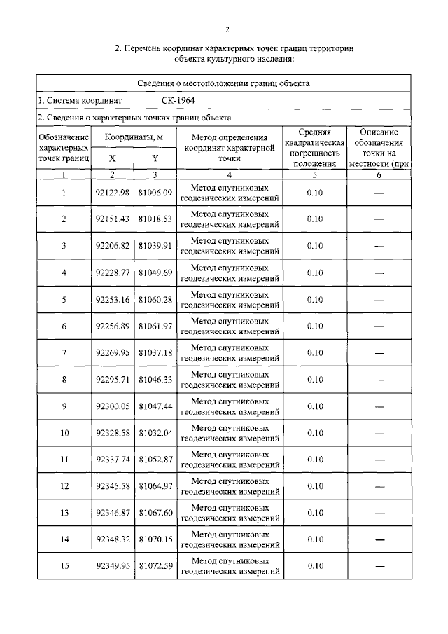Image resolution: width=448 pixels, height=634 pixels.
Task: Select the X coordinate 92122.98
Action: tap(112, 193)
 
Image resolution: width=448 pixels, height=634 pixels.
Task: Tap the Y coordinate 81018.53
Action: tap(155, 219)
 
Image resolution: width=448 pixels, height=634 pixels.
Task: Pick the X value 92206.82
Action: tap(112, 246)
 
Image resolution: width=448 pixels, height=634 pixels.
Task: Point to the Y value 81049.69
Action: tap(155, 273)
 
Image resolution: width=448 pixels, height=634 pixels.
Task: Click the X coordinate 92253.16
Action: tap(112, 299)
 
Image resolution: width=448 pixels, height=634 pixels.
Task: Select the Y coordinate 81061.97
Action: tap(155, 326)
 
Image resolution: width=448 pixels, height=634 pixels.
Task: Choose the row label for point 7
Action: tap(64, 352)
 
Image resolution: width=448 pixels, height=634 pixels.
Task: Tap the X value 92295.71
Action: tap(112, 379)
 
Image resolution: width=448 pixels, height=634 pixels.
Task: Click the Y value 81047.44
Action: tap(155, 406)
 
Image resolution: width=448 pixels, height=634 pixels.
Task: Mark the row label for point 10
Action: tap(64, 433)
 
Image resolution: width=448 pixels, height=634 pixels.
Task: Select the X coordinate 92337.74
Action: tap(112, 460)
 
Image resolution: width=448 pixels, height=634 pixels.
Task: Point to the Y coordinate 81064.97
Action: tap(155, 486)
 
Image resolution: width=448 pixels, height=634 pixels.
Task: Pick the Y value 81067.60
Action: tap(155, 513)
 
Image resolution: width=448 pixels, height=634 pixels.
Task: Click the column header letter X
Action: tap(112, 158)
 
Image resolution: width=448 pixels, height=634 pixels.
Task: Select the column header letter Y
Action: tap(155, 158)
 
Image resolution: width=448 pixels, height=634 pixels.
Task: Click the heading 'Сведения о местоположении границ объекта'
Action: tap(224, 83)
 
